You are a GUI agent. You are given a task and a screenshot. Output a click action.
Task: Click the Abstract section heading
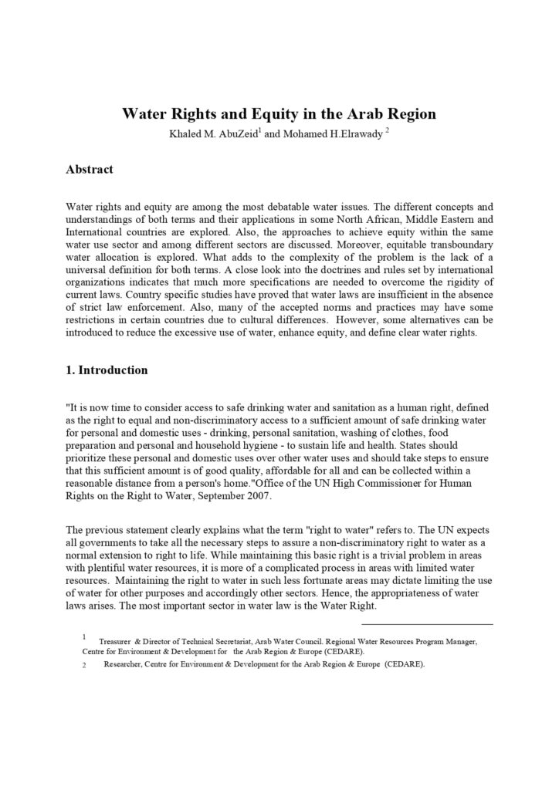pyautogui.click(x=90, y=169)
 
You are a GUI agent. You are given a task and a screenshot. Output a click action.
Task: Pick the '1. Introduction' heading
pyautogui.click(x=107, y=370)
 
